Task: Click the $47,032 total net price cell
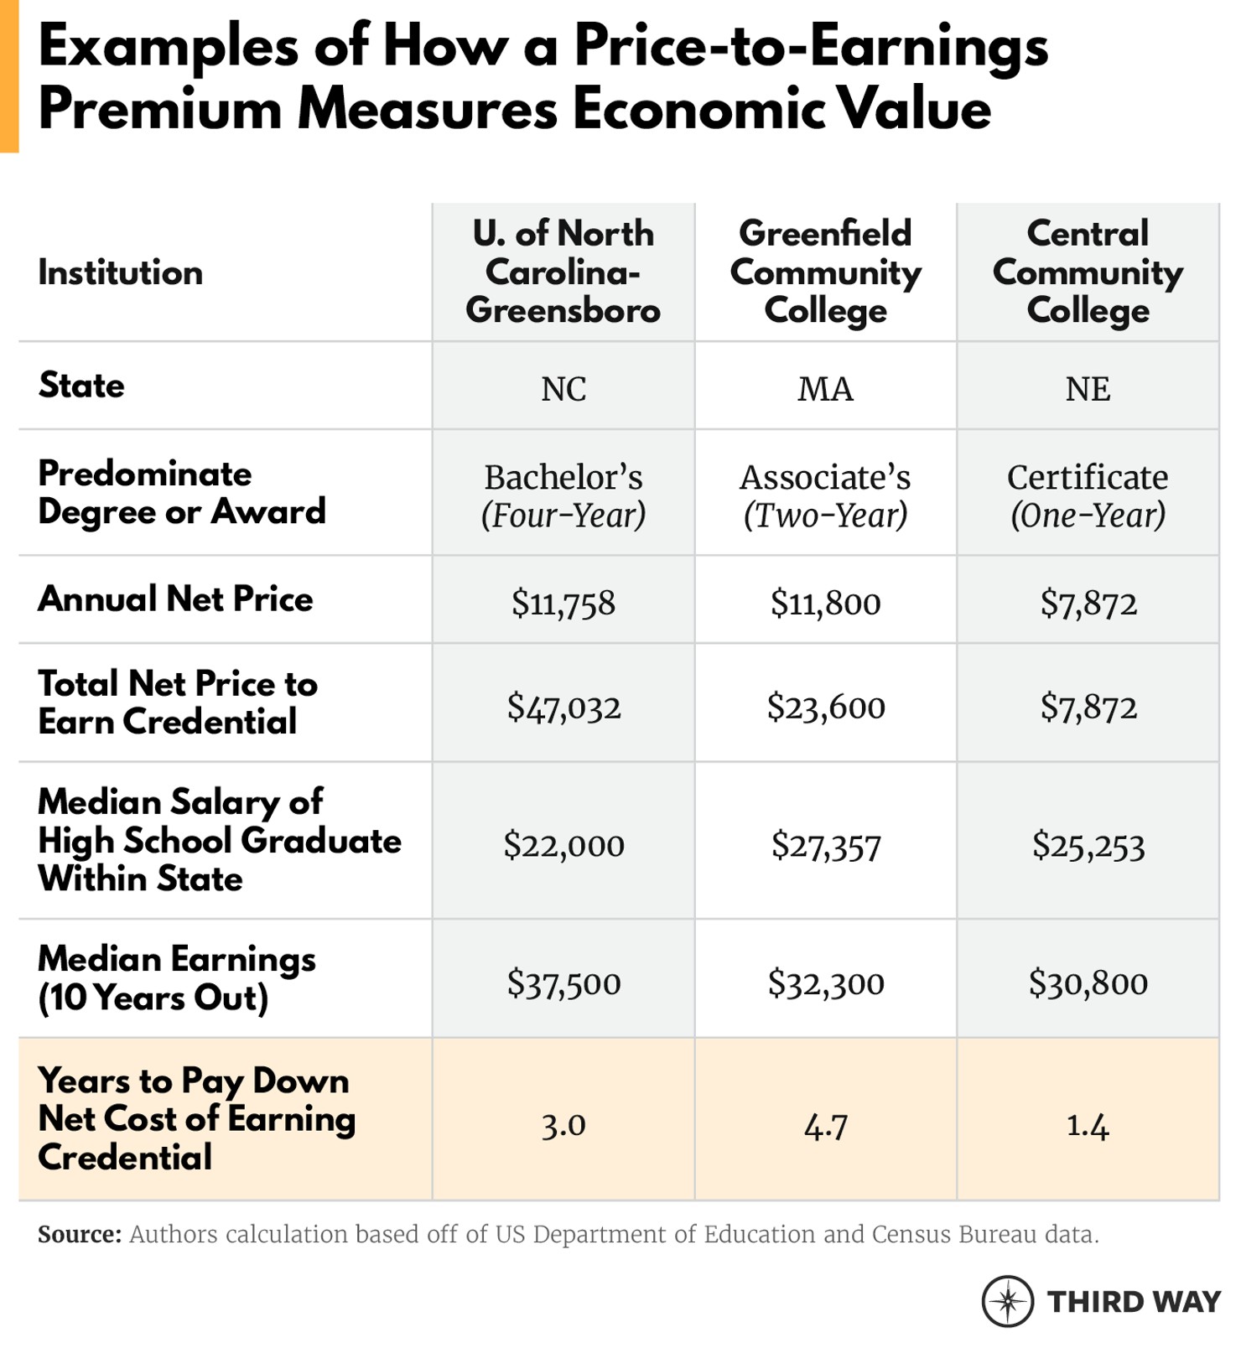(563, 707)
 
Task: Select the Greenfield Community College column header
(825, 272)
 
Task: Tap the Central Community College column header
(1088, 272)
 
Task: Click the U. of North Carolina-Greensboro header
(563, 272)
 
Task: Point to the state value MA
(825, 389)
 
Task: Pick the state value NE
(1088, 389)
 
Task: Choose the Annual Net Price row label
(175, 599)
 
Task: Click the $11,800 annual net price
(825, 603)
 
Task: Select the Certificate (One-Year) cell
(1088, 495)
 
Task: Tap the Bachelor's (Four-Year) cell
(563, 495)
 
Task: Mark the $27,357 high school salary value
(825, 845)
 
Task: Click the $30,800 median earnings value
(1088, 982)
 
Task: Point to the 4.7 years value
(825, 1126)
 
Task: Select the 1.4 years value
(1088, 1126)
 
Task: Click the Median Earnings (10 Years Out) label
(176, 977)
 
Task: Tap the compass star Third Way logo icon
(1007, 1301)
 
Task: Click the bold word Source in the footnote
(80, 1234)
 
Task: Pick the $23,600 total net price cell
(825, 707)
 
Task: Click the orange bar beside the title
(8, 75)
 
